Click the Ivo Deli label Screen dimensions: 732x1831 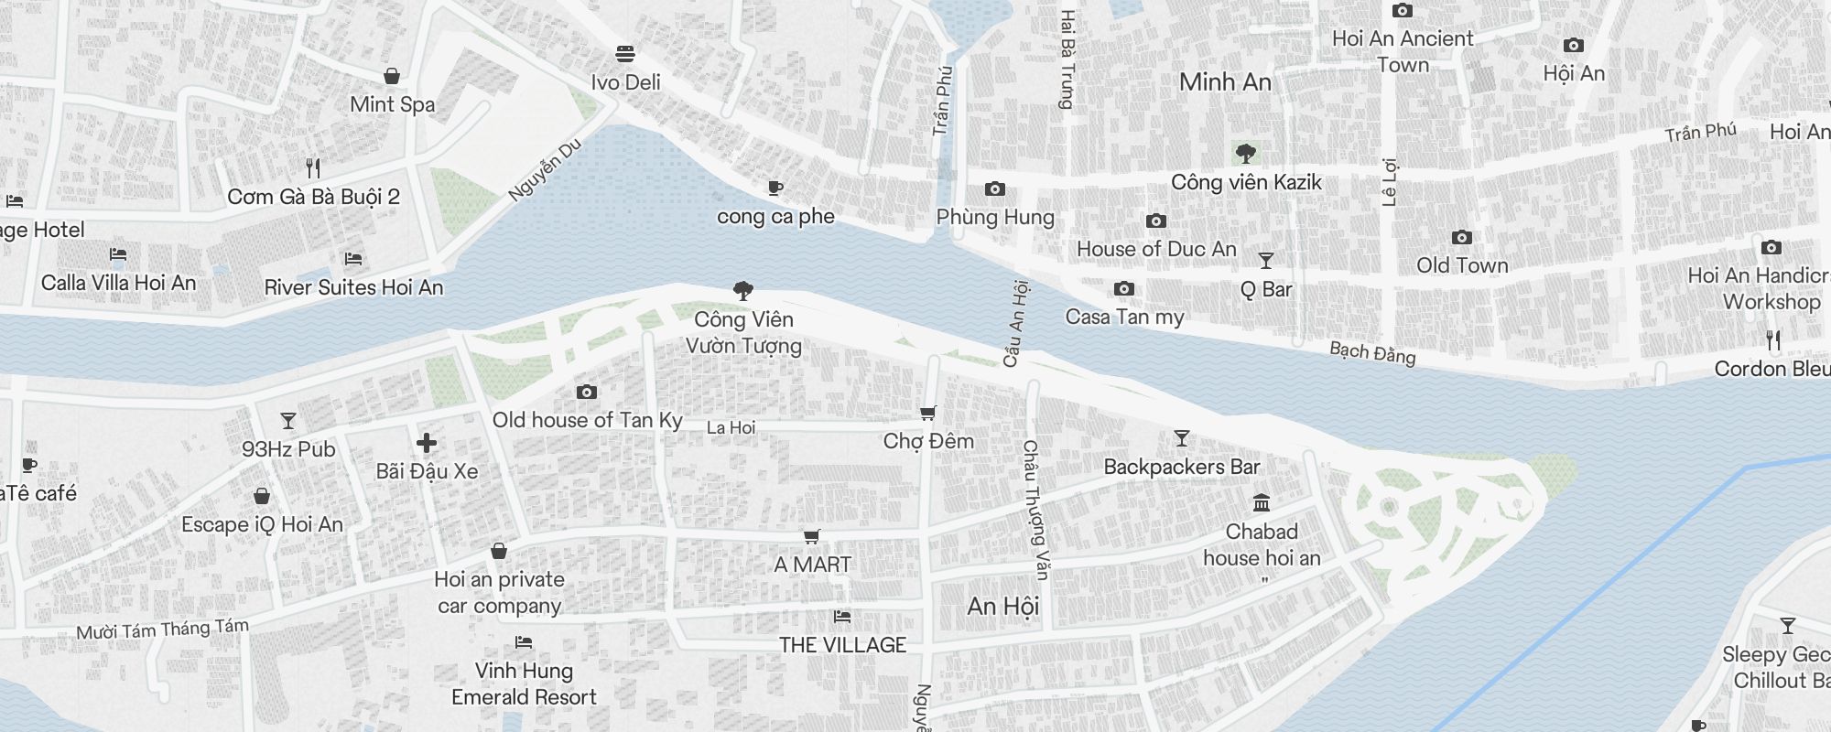coord(625,82)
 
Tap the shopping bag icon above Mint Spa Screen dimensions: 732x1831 coord(392,75)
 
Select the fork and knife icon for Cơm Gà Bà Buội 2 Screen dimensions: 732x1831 coord(313,168)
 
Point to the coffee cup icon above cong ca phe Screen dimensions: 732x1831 coord(775,188)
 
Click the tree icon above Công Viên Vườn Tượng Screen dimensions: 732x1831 coord(743,291)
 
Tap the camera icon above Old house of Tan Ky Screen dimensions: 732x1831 coord(587,393)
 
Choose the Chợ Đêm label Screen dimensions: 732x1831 coord(928,441)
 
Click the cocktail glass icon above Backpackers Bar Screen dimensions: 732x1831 coord(1182,438)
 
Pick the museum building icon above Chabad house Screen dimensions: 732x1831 coord(1262,503)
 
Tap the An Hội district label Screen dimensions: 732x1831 coord(1003,606)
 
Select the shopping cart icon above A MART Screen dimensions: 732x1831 coord(811,537)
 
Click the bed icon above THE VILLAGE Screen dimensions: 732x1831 coord(842,617)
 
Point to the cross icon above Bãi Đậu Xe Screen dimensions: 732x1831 coord(427,444)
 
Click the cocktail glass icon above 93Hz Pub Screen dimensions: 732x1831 coord(288,421)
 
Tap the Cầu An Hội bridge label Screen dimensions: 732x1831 coord(1015,324)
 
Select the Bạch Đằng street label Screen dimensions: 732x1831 coord(1372,353)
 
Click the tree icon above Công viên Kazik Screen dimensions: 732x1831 coord(1245,154)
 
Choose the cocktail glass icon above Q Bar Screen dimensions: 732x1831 coord(1266,262)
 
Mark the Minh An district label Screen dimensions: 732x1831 coord(1225,82)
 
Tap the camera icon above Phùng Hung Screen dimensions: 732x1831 coord(995,189)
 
